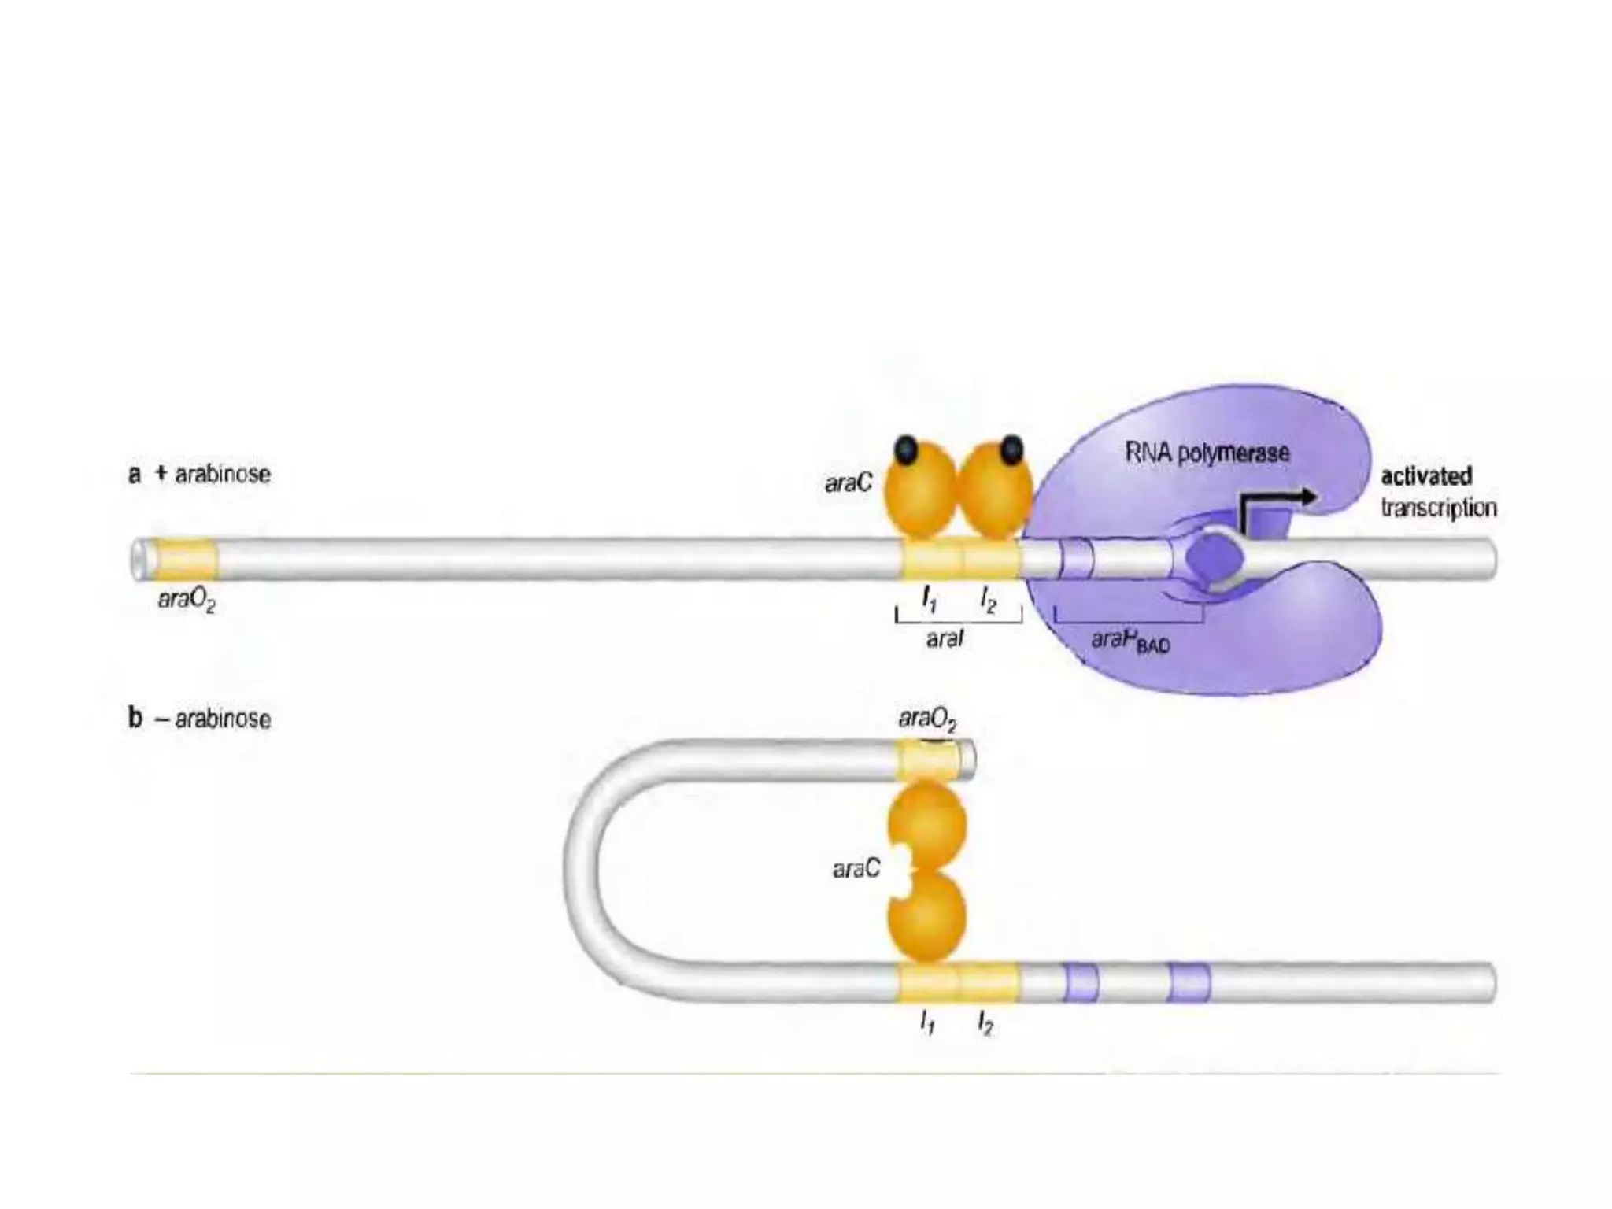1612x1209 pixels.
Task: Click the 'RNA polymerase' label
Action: pyautogui.click(x=1207, y=453)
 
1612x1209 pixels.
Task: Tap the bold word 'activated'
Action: pyautogui.click(x=1426, y=476)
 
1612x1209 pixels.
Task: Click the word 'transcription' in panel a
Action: pyautogui.click(x=1438, y=508)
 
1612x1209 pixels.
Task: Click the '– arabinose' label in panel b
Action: pyautogui.click(x=213, y=719)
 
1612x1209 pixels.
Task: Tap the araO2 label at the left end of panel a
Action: pyautogui.click(x=187, y=601)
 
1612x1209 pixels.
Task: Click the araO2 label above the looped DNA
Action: pyautogui.click(x=927, y=719)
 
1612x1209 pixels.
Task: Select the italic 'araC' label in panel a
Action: pyautogui.click(x=848, y=483)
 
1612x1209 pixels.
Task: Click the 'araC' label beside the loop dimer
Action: pyautogui.click(x=856, y=869)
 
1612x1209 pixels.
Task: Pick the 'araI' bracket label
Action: pyautogui.click(x=945, y=639)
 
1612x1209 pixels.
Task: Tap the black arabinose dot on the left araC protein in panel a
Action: pyautogui.click(x=906, y=449)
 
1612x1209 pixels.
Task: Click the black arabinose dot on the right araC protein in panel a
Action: pyautogui.click(x=1011, y=449)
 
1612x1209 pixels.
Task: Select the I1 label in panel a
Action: pyautogui.click(x=930, y=601)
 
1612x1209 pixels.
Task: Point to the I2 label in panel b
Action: pyautogui.click(x=985, y=1023)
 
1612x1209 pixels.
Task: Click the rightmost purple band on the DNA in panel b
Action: pyautogui.click(x=1189, y=982)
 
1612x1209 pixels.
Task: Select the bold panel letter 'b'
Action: pyautogui.click(x=135, y=719)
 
